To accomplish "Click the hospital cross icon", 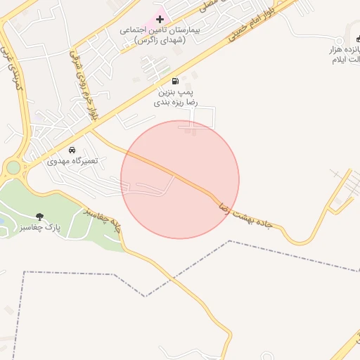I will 160,18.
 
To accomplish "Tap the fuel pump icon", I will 175,81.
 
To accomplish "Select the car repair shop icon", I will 72,150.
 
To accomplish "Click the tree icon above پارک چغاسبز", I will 39,217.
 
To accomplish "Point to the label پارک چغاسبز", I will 40,228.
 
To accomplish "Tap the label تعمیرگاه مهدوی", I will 72,161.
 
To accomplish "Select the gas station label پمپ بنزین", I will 175,92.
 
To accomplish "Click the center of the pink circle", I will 180,179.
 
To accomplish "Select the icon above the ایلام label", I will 356,39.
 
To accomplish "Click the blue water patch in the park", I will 1,221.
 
